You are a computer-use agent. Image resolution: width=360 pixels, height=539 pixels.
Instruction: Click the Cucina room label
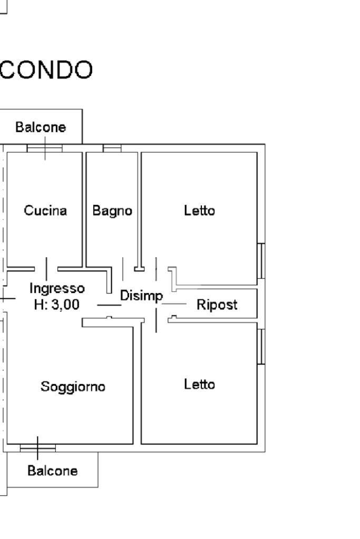pyautogui.click(x=45, y=210)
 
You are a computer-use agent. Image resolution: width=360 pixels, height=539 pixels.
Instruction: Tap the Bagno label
pyautogui.click(x=112, y=211)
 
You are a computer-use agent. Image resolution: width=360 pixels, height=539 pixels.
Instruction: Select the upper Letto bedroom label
pyautogui.click(x=199, y=210)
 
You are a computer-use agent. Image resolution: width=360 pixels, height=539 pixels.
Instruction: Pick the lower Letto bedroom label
pyautogui.click(x=199, y=384)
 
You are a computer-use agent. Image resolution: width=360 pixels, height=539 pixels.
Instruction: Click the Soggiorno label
pyautogui.click(x=73, y=387)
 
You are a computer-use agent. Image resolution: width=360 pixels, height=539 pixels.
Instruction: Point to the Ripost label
pyautogui.click(x=217, y=305)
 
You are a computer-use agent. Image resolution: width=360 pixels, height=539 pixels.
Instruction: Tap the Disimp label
pyautogui.click(x=141, y=296)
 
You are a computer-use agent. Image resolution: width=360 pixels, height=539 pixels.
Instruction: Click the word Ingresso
pyautogui.click(x=57, y=289)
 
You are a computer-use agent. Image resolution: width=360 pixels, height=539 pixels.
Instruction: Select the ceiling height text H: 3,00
pyautogui.click(x=57, y=305)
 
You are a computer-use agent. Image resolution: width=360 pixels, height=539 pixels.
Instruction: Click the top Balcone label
pyautogui.click(x=41, y=127)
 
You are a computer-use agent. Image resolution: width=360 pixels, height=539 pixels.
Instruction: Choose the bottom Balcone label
pyautogui.click(x=53, y=471)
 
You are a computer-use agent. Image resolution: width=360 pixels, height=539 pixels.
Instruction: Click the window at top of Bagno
pyautogui.click(x=112, y=148)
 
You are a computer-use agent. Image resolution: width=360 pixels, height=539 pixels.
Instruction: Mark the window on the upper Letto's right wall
pyautogui.click(x=261, y=261)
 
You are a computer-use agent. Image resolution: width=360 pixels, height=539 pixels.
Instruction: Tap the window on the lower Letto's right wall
pyautogui.click(x=261, y=347)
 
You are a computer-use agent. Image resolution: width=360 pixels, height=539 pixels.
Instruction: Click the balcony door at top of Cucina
pyautogui.click(x=45, y=148)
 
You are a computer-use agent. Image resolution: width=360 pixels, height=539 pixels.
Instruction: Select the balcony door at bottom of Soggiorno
pyautogui.click(x=38, y=448)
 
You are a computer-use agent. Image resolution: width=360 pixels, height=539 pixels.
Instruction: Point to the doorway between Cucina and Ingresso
pyautogui.click(x=46, y=269)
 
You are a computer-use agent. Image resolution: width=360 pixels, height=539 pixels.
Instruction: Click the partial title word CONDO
pyautogui.click(x=46, y=70)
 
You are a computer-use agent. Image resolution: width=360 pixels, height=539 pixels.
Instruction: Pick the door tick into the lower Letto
pyautogui.click(x=156, y=320)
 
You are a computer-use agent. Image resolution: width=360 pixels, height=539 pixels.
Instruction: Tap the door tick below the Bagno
pyautogui.click(x=123, y=269)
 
